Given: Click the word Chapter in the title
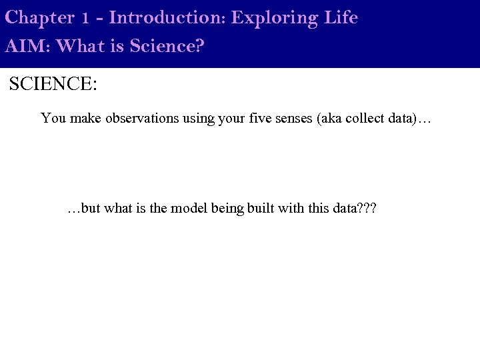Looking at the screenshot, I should [39, 18].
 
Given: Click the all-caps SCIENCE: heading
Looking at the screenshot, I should [53, 85].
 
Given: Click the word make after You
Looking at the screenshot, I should [81, 119].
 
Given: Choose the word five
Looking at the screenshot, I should [257, 119].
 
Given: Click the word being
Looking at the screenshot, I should [227, 209].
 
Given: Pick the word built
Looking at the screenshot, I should [261, 209].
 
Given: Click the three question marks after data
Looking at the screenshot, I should [367, 209].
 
